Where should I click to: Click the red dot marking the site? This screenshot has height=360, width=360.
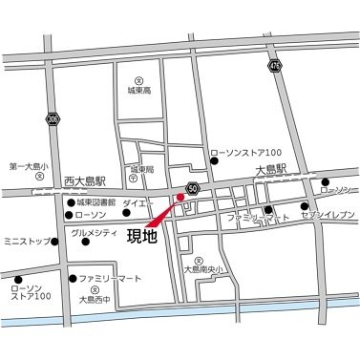[x=179, y=199]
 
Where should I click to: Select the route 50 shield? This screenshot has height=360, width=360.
[x=193, y=188]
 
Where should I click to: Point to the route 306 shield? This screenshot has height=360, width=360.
[x=53, y=117]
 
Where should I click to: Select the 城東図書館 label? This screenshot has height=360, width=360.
[x=95, y=203]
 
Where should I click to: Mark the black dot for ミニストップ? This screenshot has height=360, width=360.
[x=59, y=241]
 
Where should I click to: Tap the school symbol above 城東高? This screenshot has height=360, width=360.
[x=139, y=81]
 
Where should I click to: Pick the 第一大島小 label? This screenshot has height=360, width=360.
[x=28, y=165]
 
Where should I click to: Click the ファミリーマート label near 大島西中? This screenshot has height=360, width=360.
[x=110, y=279]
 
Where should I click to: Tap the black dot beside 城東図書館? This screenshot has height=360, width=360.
[x=70, y=203]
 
